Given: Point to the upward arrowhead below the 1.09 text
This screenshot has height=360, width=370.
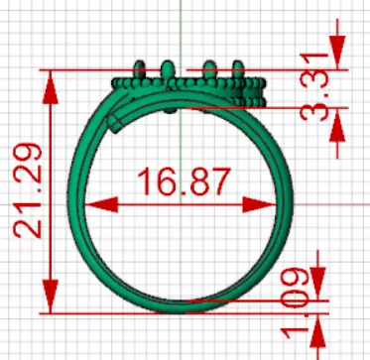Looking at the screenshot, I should [x=315, y=322].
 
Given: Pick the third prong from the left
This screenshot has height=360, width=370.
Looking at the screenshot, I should [x=210, y=69].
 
